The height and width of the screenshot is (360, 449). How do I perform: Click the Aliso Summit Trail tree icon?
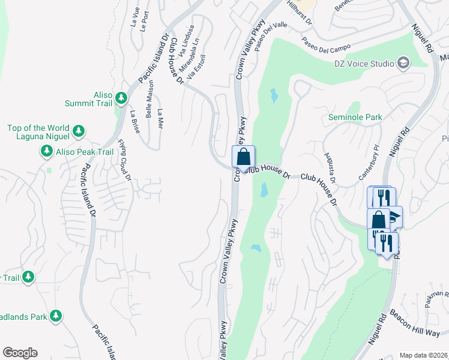121,97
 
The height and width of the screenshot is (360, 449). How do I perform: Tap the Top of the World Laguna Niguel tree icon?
78,130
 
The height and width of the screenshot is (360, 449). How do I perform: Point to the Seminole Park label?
355,118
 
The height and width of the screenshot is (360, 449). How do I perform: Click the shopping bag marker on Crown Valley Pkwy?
243,157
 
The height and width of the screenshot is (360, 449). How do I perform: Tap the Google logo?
20,353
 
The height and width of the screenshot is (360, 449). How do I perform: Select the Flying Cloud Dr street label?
124,160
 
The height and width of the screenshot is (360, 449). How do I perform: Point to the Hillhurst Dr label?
300,11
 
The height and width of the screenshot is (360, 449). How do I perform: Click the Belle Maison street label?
149,99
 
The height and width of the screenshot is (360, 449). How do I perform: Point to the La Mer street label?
160,119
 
